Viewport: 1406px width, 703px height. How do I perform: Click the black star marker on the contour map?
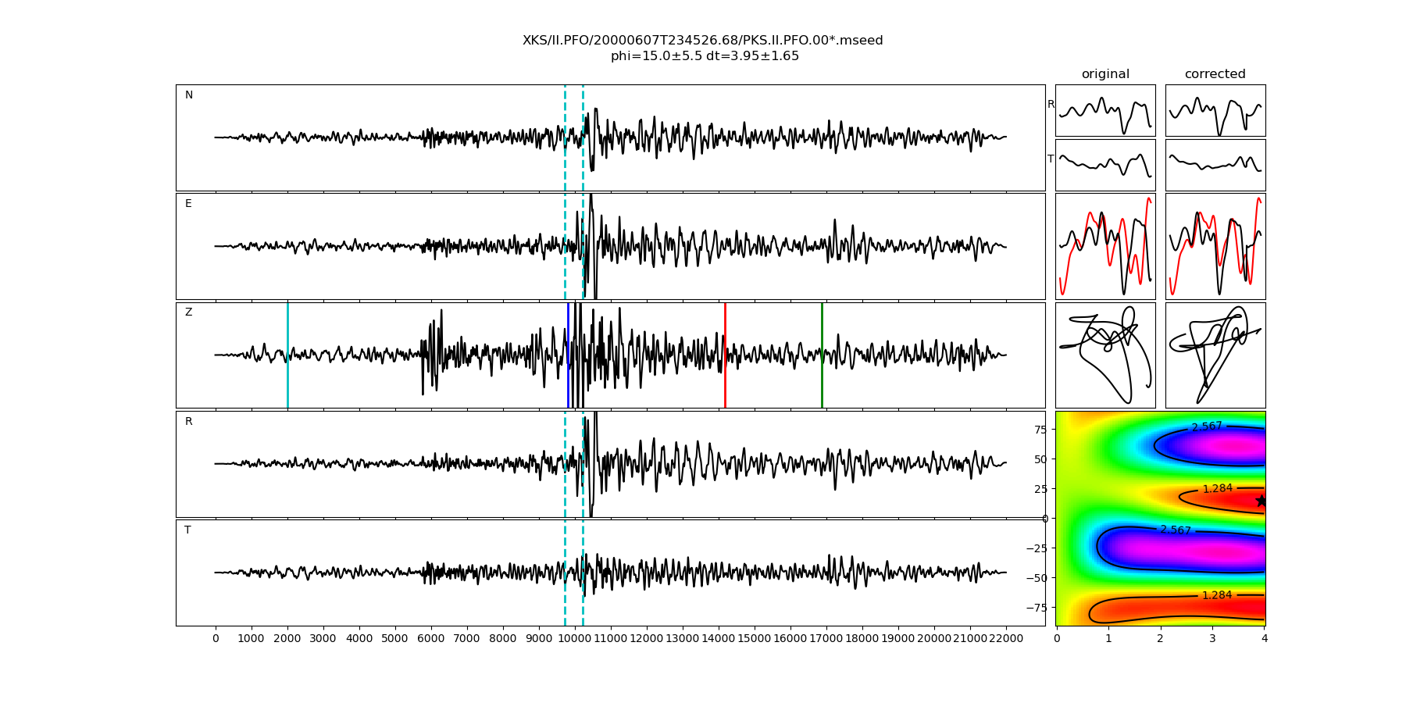pos(1260,501)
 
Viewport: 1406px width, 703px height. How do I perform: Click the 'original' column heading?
pos(1105,74)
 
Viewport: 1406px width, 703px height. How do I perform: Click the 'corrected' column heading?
pos(1215,74)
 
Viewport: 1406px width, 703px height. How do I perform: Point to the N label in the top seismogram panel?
pos(189,95)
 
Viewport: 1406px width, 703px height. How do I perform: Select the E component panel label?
pos(188,204)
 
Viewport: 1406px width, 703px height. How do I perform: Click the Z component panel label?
pos(188,312)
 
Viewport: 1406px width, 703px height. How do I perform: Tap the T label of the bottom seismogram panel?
pos(187,530)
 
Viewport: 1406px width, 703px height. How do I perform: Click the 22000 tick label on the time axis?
pos(1005,639)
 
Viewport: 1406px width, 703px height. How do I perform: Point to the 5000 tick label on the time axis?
pos(394,639)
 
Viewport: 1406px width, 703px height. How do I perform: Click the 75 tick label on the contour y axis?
pos(1040,429)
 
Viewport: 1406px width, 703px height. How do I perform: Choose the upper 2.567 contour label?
pos(1207,426)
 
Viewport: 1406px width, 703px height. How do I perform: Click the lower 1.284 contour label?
pos(1217,595)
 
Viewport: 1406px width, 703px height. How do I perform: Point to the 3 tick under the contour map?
pos(1212,639)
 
